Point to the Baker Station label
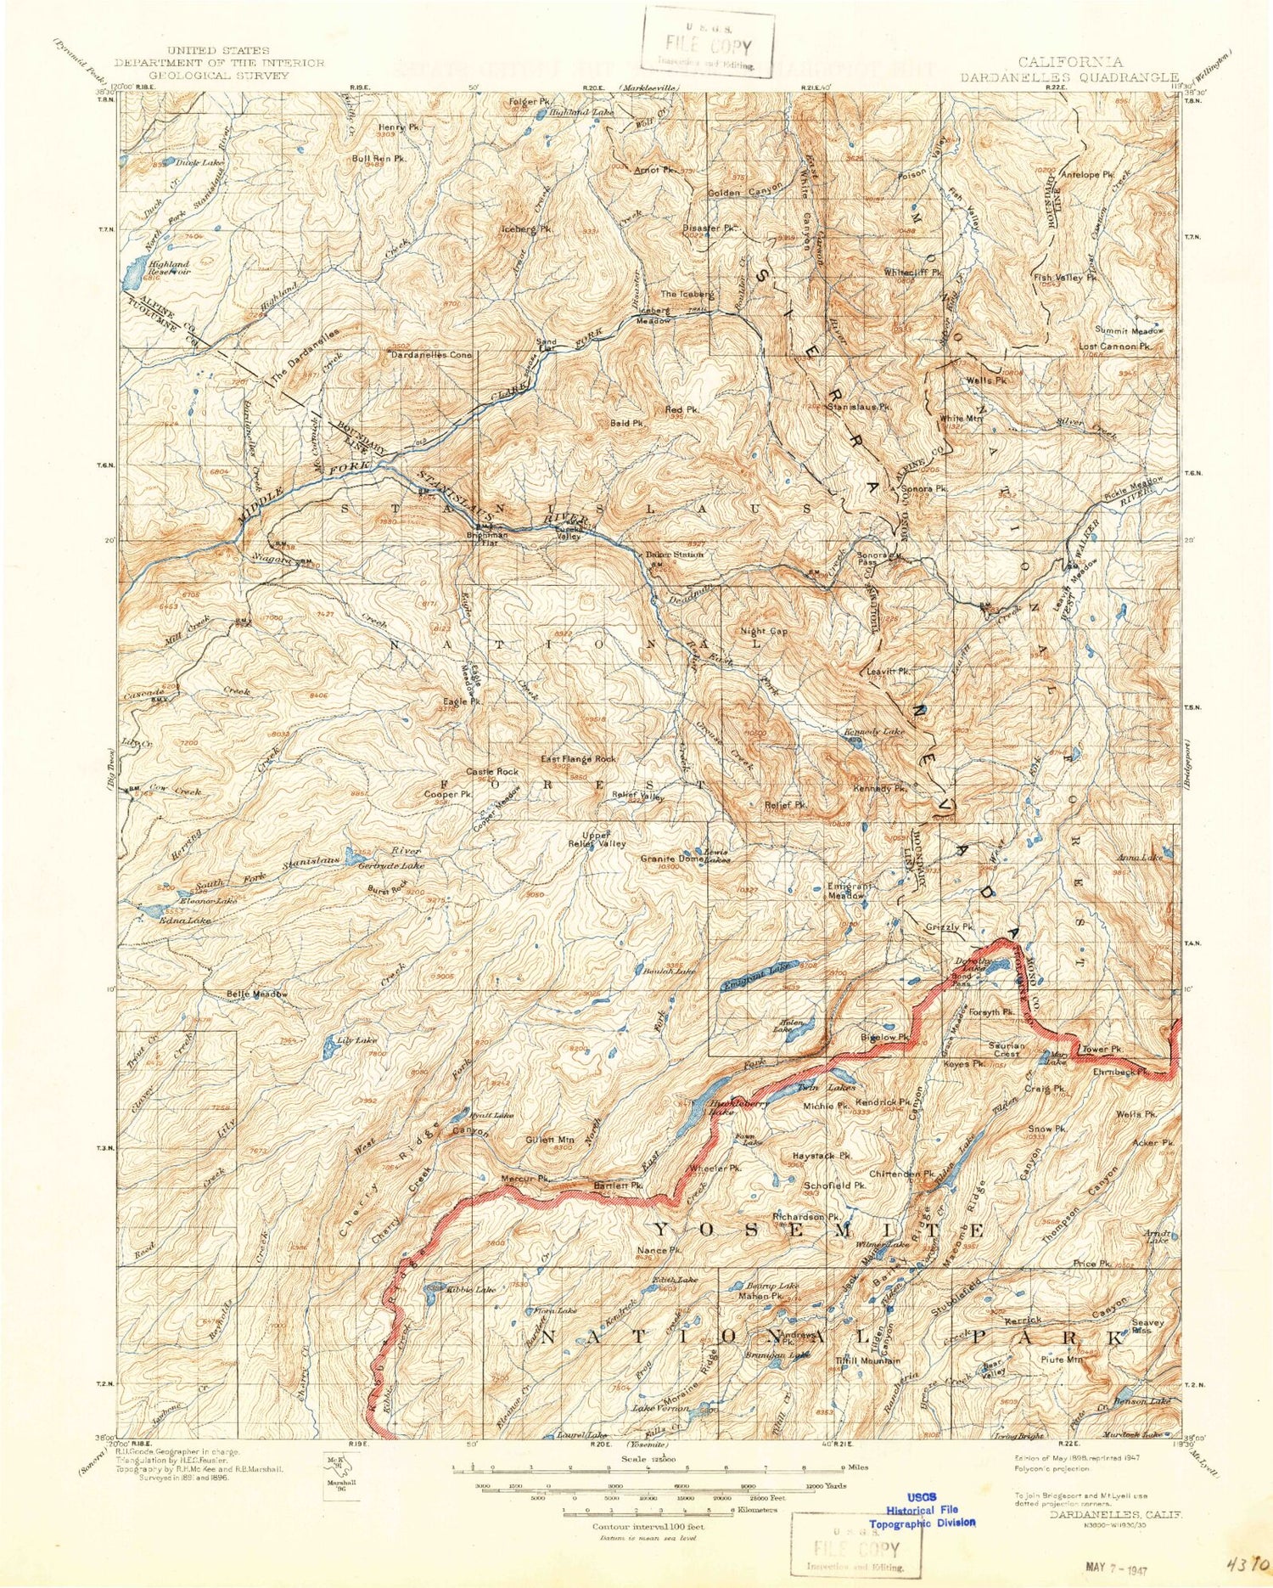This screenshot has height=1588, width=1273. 675,555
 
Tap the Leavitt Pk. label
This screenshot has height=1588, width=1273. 889,672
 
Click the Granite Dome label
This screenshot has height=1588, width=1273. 669,859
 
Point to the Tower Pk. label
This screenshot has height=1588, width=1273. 1102,1049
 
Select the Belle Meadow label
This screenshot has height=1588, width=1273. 257,994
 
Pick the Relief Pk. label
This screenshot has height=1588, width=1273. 785,803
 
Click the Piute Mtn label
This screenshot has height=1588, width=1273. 1063,1360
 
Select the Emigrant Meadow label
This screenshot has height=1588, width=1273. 850,891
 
